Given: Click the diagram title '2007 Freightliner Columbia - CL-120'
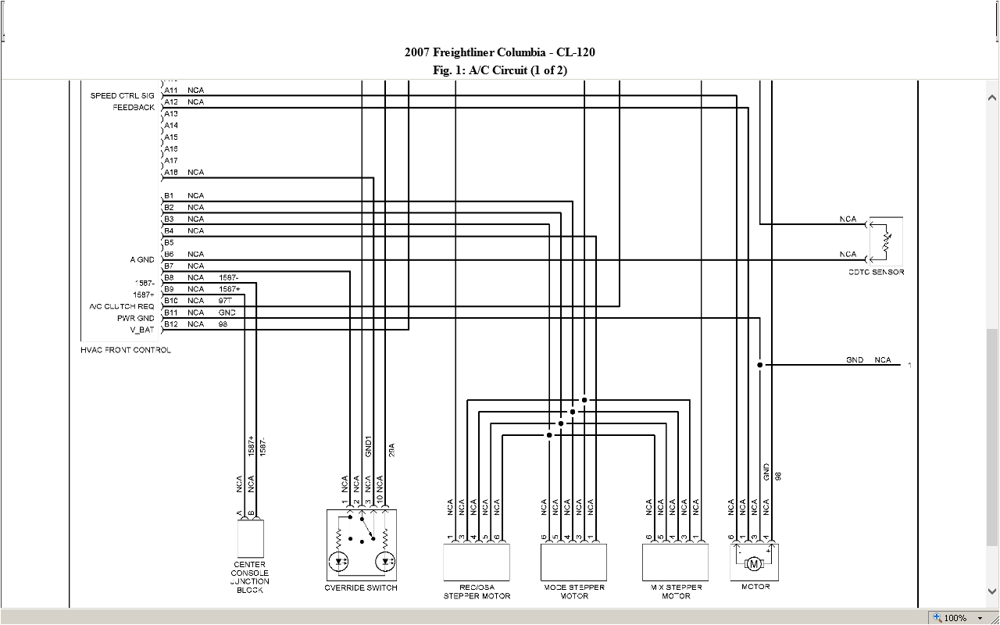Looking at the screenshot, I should [499, 52].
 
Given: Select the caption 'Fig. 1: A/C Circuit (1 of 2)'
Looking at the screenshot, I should [499, 70].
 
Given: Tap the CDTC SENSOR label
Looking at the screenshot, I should [876, 272].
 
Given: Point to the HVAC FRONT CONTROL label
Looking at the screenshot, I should [126, 350].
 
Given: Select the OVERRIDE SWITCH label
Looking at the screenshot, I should [361, 587].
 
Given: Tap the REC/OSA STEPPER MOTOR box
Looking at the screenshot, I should [477, 562].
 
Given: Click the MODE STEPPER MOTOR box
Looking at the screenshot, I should [573, 562].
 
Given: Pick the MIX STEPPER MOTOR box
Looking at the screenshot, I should [675, 562].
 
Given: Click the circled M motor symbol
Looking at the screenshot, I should [754, 563].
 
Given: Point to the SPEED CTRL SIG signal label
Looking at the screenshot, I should [123, 96].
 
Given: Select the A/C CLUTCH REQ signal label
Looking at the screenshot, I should [122, 306].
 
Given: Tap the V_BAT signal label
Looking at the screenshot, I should [141, 330].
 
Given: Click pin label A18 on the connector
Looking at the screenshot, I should [171, 173].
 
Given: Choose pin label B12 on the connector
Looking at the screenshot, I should [171, 324].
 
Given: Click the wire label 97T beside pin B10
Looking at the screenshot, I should [226, 301].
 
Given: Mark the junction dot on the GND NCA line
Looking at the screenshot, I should [759, 365].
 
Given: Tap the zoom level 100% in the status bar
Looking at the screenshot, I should [955, 618].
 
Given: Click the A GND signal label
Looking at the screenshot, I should [142, 260].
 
